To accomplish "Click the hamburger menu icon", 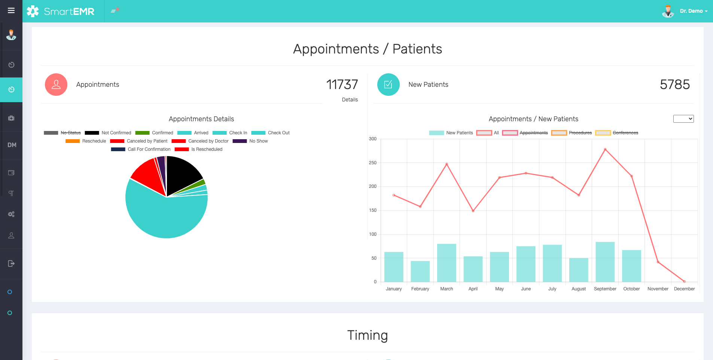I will point(11,10).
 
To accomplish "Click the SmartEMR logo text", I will point(69,11).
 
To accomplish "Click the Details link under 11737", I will point(350,100).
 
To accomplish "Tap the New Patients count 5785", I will point(674,85).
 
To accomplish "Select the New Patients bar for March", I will point(447,263).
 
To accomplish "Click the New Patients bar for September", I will point(605,262).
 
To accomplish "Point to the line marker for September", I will point(605,149).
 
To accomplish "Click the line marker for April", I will point(473,211).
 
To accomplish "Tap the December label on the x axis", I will point(684,289).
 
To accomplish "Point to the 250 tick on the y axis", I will point(373,163).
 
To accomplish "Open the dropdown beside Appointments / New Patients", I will point(683,119).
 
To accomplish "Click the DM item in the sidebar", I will point(12,145).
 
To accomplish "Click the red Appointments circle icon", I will point(56,85).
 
